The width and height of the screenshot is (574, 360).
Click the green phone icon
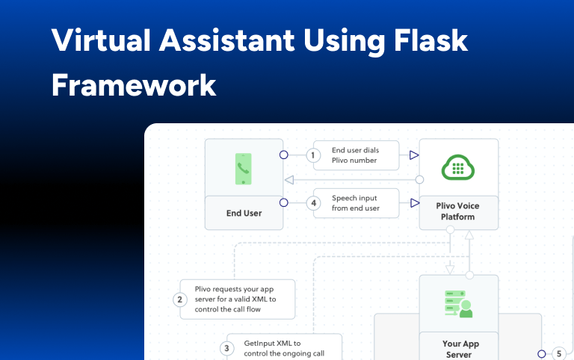pos(243,169)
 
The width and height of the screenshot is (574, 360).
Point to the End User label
pos(244,213)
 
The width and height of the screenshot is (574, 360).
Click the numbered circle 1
pos(315,155)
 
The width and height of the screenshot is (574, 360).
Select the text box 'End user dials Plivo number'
pos(356,155)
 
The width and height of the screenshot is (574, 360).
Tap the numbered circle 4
pos(315,203)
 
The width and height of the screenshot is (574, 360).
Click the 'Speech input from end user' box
pos(356,203)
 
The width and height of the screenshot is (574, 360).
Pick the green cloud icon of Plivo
pos(458,168)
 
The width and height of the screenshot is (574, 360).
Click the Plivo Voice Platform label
pos(458,211)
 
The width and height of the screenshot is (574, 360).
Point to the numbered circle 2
pos(179,300)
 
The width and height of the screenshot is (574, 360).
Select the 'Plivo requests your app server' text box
pos(238,300)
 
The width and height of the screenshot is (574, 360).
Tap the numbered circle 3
pos(226,348)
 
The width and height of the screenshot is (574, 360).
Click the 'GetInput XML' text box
pos(284,348)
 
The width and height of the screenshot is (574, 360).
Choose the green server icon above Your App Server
pos(458,304)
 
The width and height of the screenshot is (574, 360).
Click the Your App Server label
pos(458,349)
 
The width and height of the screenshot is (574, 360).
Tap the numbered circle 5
pos(558,354)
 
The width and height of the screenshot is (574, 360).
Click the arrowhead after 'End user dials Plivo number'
pos(413,155)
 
